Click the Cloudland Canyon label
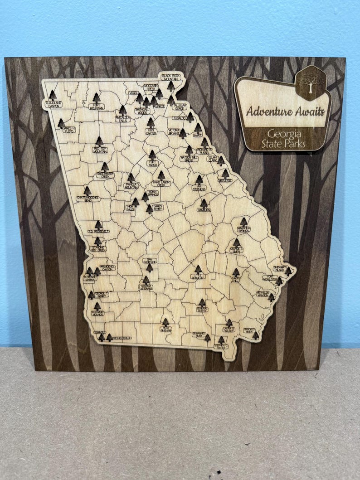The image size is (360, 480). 54,105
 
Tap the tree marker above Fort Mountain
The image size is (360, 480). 97,98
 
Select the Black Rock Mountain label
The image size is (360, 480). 170,77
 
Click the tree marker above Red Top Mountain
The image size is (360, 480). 99,141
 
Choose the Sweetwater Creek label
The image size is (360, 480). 105,175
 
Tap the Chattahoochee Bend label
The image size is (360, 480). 88,199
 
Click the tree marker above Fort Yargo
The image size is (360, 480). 153,155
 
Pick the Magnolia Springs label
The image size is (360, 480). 243,229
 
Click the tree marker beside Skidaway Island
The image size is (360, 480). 288,272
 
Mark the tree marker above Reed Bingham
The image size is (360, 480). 165,322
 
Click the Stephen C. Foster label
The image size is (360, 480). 221,346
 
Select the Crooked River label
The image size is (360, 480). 249,331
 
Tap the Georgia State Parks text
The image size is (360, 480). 286,139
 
